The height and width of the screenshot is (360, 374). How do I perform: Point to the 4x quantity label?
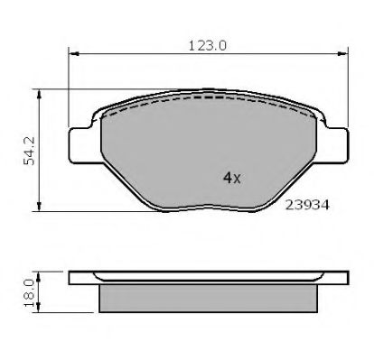pyautogui.click(x=230, y=178)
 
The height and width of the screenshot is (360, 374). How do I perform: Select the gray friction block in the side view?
pyautogui.click(x=208, y=295)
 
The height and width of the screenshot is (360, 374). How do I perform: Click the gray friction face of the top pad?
pyautogui.click(x=181, y=153)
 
